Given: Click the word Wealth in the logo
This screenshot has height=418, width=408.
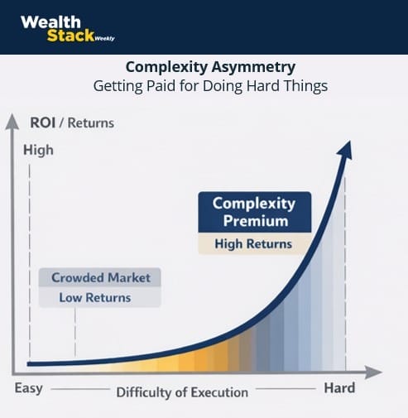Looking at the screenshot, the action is (50, 22).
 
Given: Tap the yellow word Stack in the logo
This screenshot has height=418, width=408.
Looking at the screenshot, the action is (70, 36).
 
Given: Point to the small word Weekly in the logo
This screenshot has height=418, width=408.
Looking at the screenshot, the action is (104, 39).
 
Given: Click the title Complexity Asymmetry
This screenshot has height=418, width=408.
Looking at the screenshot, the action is (210, 67).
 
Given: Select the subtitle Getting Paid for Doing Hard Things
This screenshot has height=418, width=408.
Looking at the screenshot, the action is (210, 86).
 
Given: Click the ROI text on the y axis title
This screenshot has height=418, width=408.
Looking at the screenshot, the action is (42, 123).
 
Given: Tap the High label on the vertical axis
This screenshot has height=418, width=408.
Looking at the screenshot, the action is (38, 151).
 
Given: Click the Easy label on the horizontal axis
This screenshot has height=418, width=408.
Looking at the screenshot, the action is (29, 388).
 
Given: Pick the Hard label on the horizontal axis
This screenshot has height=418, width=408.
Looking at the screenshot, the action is (339, 388).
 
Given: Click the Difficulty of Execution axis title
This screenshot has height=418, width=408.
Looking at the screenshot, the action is (182, 392).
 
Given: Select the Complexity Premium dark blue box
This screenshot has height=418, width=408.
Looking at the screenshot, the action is (255, 212).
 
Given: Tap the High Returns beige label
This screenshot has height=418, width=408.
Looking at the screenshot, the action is (253, 244).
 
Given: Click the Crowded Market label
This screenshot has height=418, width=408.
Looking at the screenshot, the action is (100, 277).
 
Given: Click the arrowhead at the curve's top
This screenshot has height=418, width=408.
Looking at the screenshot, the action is (345, 150).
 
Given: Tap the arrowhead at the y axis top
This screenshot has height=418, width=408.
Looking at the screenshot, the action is (12, 122).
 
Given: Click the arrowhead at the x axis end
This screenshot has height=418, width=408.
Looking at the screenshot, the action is (374, 372).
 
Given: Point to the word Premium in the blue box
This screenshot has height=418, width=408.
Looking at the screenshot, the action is (256, 221).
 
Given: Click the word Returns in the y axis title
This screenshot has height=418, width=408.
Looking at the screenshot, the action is (91, 123).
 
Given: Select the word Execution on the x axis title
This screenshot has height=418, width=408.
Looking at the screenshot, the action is (219, 392).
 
